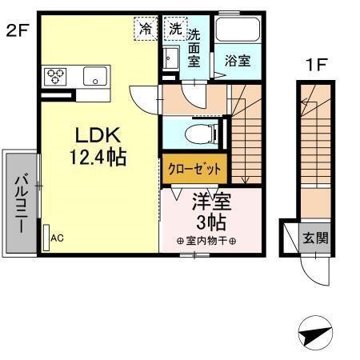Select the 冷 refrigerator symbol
pyautogui.click(x=146, y=28)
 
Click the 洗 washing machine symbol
pyautogui.click(x=174, y=28)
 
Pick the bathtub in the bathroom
pyautogui.click(x=238, y=34)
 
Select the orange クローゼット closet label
pyautogui.click(x=195, y=170)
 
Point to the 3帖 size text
pyautogui.click(x=210, y=220)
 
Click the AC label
pyautogui.click(x=57, y=238)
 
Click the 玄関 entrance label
pyautogui.click(x=313, y=237)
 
